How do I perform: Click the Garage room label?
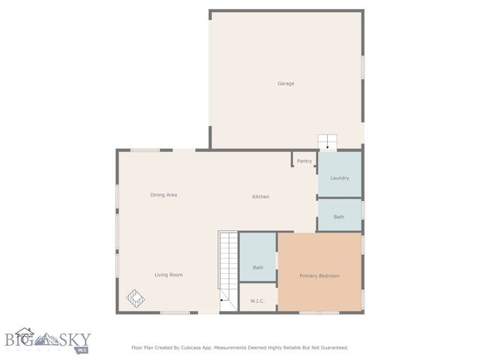(x=286, y=83)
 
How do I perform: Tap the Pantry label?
(x=304, y=160)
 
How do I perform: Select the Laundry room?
(x=340, y=178)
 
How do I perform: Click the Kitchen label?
(x=260, y=196)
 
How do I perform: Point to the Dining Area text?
(x=163, y=195)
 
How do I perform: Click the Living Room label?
(x=169, y=274)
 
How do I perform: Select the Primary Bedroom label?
(x=319, y=276)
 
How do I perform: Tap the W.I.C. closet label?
(x=257, y=301)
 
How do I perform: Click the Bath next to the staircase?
(x=258, y=267)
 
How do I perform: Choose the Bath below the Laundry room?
(x=339, y=217)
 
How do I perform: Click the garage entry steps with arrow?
(x=328, y=142)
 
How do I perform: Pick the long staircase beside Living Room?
(x=228, y=270)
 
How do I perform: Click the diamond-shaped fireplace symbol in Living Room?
(x=135, y=298)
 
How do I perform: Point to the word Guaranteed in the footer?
(x=331, y=347)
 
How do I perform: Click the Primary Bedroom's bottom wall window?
(x=319, y=312)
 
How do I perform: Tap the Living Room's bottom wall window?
(x=175, y=312)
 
